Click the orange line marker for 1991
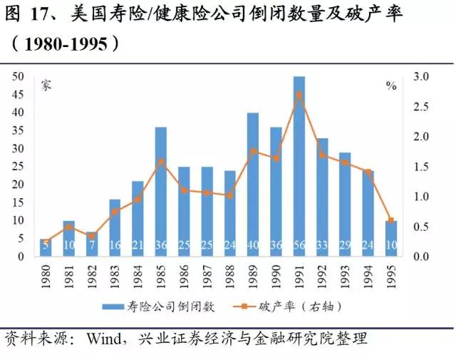tap(299, 94)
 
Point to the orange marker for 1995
tap(390, 220)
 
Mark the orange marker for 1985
tap(160, 161)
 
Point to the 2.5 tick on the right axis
tap(422, 107)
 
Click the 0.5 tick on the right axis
tap(422, 227)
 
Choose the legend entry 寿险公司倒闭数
tap(160, 307)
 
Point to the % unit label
tap(390, 86)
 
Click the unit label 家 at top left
tap(45, 86)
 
